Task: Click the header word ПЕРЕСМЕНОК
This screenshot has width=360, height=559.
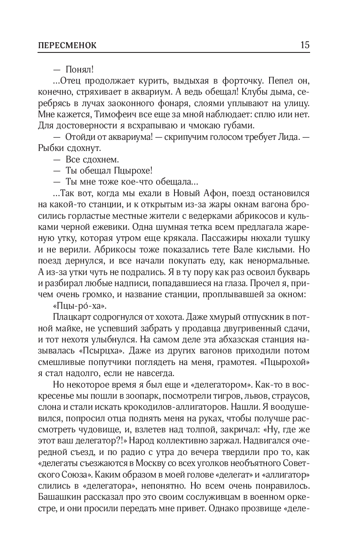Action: (67, 45)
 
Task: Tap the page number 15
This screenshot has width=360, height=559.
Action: (305, 45)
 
